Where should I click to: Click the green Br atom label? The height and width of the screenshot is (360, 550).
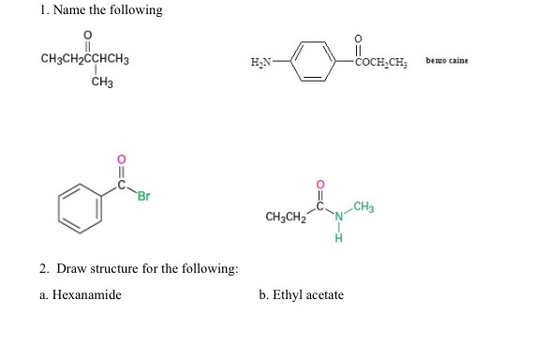[x=143, y=196]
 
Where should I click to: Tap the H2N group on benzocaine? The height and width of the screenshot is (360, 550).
[x=261, y=62]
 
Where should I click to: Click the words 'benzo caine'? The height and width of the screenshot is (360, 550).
[x=447, y=60]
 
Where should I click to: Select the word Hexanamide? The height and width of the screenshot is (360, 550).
[x=87, y=294]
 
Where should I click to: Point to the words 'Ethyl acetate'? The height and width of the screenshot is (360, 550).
[x=308, y=295]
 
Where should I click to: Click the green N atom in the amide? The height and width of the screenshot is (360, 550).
[x=339, y=217]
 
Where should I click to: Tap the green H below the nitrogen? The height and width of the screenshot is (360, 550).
[x=338, y=238]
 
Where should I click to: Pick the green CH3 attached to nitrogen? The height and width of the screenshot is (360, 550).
[x=364, y=207]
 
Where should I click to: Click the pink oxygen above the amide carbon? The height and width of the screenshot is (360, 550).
[x=320, y=184]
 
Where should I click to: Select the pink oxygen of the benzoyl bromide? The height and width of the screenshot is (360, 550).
[x=121, y=159]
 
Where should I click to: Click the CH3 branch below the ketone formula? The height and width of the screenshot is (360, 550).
[x=102, y=82]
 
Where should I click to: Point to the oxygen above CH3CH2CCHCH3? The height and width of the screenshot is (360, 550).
[x=88, y=35]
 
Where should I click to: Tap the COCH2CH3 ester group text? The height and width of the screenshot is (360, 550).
[x=381, y=63]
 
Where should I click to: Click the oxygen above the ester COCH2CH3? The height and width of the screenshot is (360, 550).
[x=358, y=38]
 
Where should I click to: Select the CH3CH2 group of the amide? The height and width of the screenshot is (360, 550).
[x=286, y=217]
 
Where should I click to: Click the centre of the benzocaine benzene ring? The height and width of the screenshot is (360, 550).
[x=313, y=62]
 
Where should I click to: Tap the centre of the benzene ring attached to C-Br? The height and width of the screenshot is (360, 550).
[x=80, y=208]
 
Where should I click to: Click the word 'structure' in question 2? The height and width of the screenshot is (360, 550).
[x=114, y=269]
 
